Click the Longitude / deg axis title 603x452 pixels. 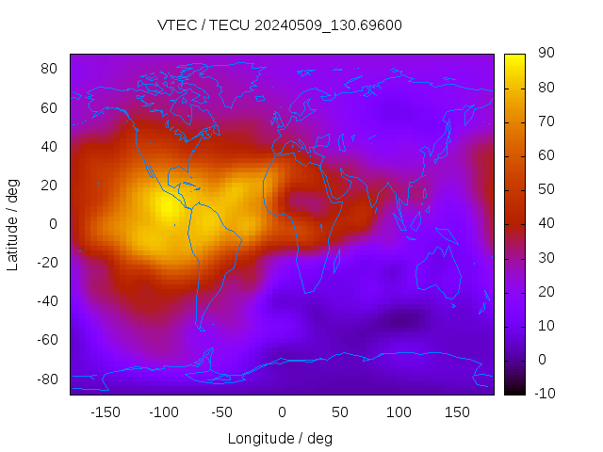point(280,438)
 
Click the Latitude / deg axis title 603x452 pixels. point(13,224)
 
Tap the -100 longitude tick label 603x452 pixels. point(163,412)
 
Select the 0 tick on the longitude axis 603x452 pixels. point(281,412)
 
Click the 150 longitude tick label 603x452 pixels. point(456,412)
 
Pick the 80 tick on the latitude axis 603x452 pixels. point(50,69)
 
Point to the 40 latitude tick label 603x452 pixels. point(50,146)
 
